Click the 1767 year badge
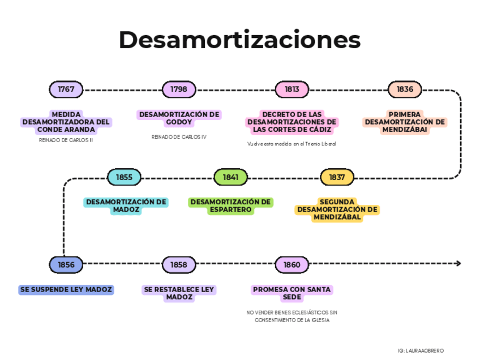[x=66, y=89]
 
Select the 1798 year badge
[x=179, y=89]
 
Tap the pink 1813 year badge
[x=292, y=89]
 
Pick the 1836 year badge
[x=405, y=89]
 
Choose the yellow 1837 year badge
[x=337, y=177]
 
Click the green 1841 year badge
[x=230, y=177]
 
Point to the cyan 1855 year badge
[x=124, y=177]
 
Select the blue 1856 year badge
[x=66, y=264]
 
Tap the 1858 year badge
[x=179, y=264]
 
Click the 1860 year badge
[x=292, y=264]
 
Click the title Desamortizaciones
[x=239, y=40]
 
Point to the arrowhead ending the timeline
[x=458, y=264]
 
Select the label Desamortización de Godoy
[x=179, y=118]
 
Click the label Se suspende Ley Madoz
[x=66, y=290]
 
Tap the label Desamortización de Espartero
[x=230, y=206]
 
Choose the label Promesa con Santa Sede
[x=292, y=293]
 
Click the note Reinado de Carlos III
[x=66, y=140]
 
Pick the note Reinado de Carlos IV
[x=179, y=136]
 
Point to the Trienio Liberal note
[x=292, y=144]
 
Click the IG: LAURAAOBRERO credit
[x=421, y=351]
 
